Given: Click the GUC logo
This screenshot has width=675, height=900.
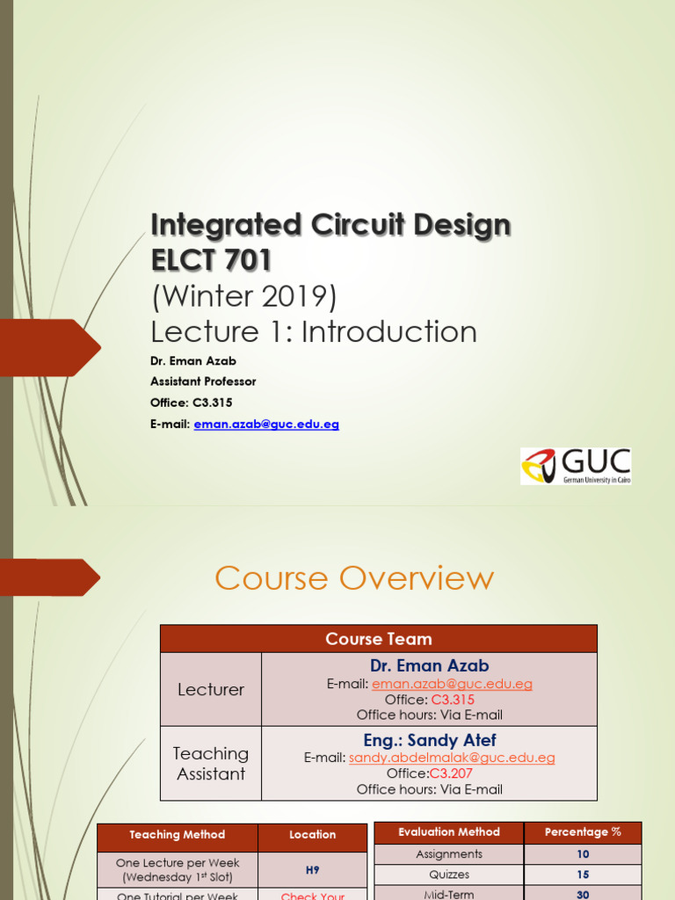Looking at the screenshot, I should [576, 466].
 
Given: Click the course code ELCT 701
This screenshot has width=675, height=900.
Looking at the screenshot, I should [211, 260].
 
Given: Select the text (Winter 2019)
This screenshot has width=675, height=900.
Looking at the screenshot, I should [243, 297].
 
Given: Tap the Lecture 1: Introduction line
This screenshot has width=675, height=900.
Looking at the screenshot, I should [314, 332].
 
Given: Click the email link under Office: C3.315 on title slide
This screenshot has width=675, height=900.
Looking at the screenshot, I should [265, 424].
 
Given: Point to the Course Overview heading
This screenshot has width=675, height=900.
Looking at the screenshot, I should [354, 578].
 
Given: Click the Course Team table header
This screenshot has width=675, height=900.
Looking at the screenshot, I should [378, 639].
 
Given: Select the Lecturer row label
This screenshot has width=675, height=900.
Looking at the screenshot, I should [211, 690].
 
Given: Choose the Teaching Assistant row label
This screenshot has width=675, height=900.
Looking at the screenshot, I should [211, 763].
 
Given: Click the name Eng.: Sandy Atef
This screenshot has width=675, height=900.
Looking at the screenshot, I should [429, 740].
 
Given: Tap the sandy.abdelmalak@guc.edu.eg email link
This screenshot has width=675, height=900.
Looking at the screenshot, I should [452, 758].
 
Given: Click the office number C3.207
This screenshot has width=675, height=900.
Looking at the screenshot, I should [451, 773].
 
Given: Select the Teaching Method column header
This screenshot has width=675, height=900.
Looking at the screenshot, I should [178, 835].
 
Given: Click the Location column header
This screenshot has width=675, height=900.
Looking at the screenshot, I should [312, 835].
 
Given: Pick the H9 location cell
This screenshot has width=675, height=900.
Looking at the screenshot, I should [312, 870].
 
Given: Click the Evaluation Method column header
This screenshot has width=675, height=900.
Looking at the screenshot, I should [449, 832].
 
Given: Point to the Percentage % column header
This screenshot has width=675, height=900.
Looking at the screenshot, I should [583, 832].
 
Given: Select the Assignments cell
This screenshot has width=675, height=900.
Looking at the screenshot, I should [449, 854].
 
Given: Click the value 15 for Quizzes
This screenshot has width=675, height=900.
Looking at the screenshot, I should [583, 875].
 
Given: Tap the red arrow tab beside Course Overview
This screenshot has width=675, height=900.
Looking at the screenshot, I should [53, 577].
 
